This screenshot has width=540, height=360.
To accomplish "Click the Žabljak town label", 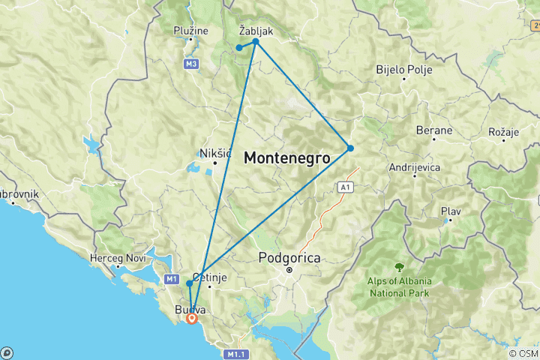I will point(257,32).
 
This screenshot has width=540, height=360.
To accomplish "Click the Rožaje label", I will point(503,132).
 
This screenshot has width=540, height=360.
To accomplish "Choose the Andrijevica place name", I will point(414,167).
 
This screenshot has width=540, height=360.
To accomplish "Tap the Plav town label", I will point(450,211).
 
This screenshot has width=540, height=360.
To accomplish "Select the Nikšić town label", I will point(214,153).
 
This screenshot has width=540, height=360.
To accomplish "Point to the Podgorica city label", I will point(289,257).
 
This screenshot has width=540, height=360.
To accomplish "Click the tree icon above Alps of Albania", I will point(398,266).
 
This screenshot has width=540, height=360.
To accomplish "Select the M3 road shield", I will point(191,64).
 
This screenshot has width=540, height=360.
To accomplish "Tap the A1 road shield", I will point(345,187).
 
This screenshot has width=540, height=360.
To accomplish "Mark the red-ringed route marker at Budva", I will point(192,318).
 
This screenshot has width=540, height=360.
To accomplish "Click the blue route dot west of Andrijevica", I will point(350,148).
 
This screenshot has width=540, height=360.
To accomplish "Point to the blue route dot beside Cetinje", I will point(190,283).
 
